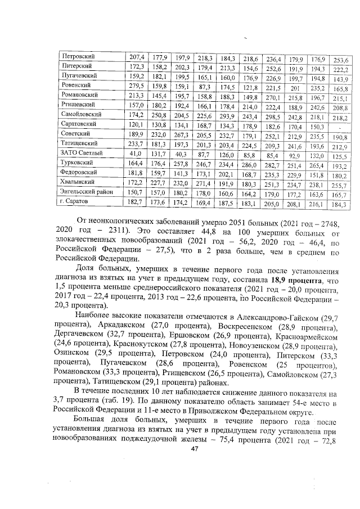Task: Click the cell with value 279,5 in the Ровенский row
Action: [x=137, y=86]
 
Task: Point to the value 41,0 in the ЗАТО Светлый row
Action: [x=137, y=153]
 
